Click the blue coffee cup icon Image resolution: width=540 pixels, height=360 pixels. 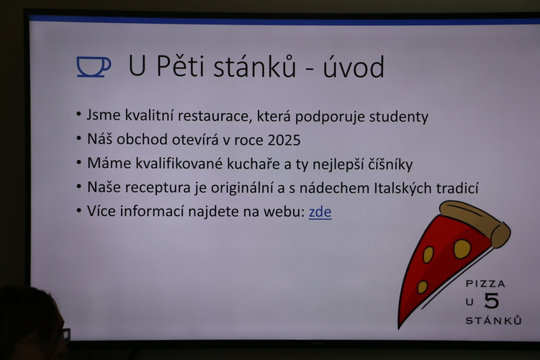(94, 66)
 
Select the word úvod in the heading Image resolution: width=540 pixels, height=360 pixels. (354, 67)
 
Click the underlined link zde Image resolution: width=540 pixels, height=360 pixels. (320, 212)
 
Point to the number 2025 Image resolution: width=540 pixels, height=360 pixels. (284, 140)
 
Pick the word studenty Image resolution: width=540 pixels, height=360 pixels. (399, 117)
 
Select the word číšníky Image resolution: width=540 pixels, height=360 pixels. (390, 164)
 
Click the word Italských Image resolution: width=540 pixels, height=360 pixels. (402, 188)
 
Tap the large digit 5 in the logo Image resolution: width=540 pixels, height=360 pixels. (492, 301)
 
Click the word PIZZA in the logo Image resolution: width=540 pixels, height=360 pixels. (485, 284)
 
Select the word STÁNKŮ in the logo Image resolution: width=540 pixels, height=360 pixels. (493, 320)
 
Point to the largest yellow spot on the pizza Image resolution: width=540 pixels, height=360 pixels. (462, 248)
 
